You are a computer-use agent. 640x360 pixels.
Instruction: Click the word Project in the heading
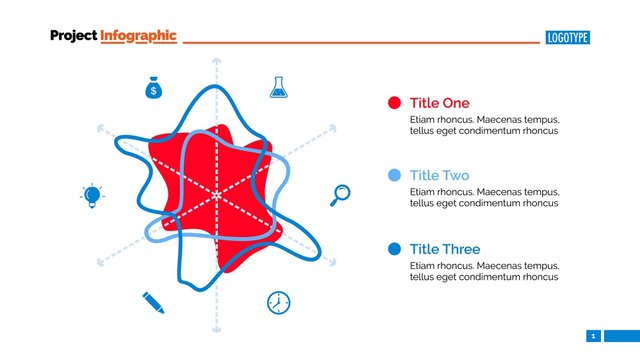tap(74, 36)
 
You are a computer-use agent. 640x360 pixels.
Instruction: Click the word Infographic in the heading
tap(139, 36)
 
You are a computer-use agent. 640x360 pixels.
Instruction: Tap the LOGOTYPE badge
tap(568, 38)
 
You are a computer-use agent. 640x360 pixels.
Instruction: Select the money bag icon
tap(153, 89)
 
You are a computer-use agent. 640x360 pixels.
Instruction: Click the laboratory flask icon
tap(278, 87)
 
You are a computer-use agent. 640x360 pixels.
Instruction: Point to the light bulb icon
tap(92, 195)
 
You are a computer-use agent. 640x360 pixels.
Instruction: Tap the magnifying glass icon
tap(340, 195)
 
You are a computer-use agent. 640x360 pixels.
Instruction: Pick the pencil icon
tap(153, 301)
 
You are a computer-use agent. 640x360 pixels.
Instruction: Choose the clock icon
tap(278, 302)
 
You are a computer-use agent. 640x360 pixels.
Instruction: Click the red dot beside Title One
tap(394, 103)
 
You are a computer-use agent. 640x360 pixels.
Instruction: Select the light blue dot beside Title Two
tap(394, 176)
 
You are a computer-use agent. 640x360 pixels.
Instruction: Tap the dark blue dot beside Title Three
tap(394, 249)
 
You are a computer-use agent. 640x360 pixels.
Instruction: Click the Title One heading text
tap(439, 103)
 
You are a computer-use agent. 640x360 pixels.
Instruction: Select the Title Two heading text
tap(439, 176)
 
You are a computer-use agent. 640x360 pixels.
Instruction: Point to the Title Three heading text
tap(445, 249)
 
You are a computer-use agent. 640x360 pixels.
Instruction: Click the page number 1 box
tap(593, 336)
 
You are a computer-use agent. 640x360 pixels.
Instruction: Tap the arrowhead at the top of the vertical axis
tap(215, 62)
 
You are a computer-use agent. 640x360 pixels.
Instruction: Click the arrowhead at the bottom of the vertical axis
tap(215, 328)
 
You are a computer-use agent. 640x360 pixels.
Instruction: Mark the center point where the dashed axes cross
tap(215, 195)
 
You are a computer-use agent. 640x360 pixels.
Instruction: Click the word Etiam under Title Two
tap(424, 191)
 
